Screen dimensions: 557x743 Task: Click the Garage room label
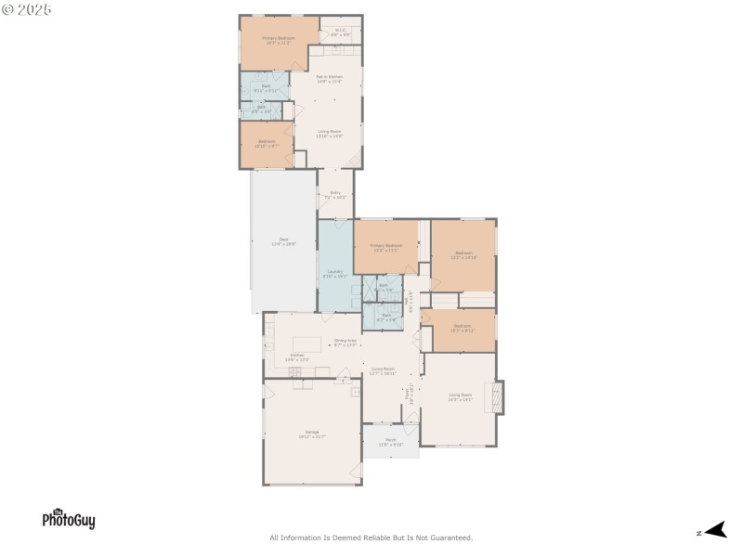pos(312,434)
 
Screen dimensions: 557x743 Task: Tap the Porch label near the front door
pos(391,442)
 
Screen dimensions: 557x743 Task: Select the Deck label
pos(283,241)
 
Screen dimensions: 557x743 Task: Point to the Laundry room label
pos(334,274)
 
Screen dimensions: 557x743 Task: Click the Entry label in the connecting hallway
pos(335,195)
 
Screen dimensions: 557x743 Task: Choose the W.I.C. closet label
pos(340,33)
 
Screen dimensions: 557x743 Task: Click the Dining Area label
pos(345,343)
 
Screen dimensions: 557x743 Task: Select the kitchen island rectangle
pos(307,343)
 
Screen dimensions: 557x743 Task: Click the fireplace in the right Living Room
pos(499,397)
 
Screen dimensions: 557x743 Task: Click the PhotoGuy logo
pos(68,519)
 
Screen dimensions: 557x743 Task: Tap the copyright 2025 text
pos(27,9)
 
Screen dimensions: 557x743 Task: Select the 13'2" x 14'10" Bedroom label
pos(463,255)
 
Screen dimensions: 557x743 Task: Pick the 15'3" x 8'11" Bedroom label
pos(463,328)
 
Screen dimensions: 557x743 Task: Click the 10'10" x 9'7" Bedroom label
pos(266,144)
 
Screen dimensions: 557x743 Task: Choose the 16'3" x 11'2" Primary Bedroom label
pos(278,41)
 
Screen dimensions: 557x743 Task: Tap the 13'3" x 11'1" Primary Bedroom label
pos(385,248)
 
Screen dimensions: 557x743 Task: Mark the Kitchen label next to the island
pos(296,357)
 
